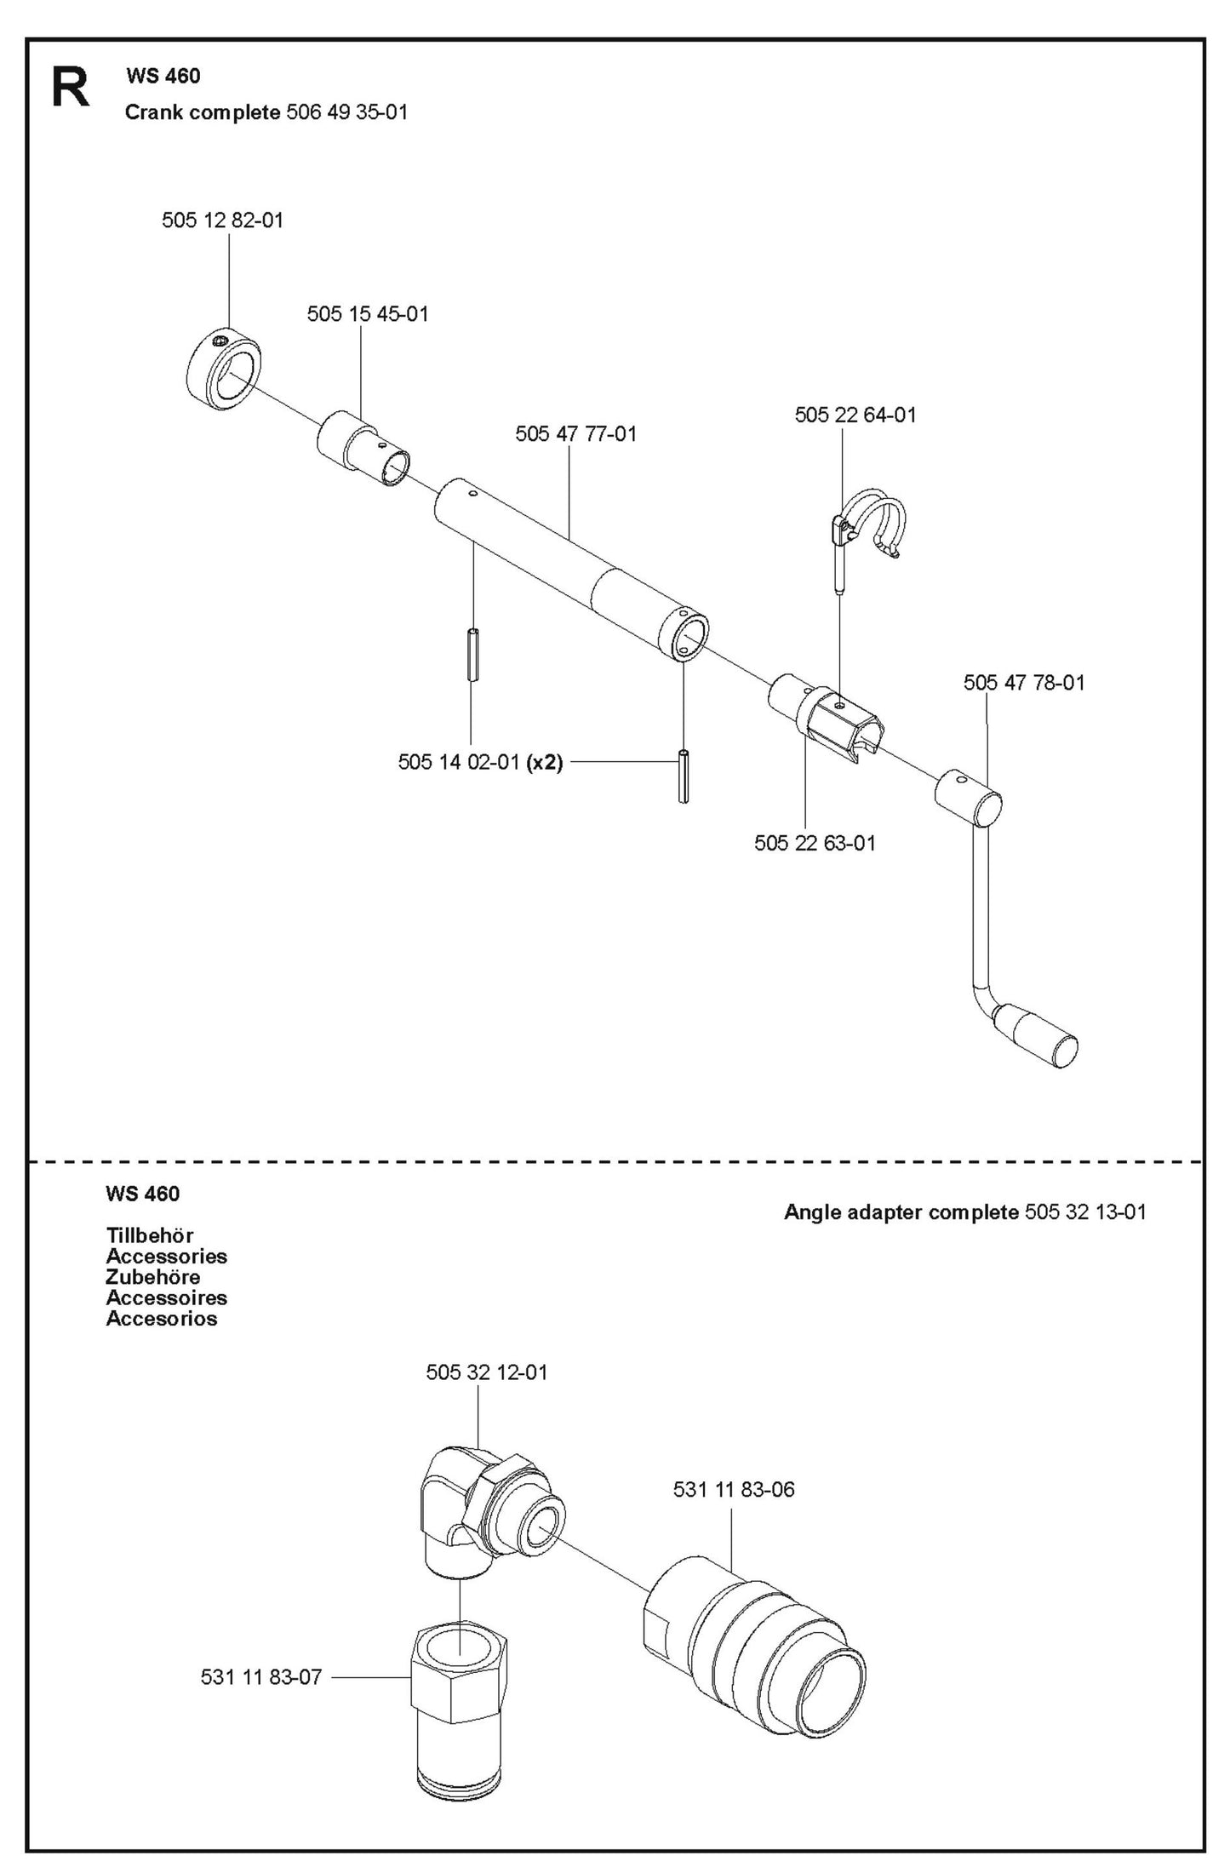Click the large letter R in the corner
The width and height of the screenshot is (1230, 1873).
pos(71,89)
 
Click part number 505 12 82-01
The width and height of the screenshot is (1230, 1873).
pos(222,221)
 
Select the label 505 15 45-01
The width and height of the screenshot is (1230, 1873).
pos(368,314)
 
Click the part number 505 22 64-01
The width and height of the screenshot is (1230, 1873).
pos(855,415)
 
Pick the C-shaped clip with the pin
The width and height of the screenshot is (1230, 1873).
pos(872,525)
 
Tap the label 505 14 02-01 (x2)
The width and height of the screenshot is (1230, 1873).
pos(480,762)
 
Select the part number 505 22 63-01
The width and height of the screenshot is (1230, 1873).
pos(815,843)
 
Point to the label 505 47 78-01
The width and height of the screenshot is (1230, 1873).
pos(1024,683)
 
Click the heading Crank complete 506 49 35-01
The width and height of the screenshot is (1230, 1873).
pos(266,112)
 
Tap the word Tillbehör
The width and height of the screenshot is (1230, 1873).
pos(150,1235)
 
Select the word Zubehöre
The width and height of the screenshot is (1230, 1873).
pos(153,1277)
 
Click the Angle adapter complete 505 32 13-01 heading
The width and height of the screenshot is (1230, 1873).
pos(964,1212)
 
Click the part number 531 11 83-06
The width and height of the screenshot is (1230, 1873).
pos(734,1490)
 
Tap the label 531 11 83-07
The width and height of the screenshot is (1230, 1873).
pos(261,1678)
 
